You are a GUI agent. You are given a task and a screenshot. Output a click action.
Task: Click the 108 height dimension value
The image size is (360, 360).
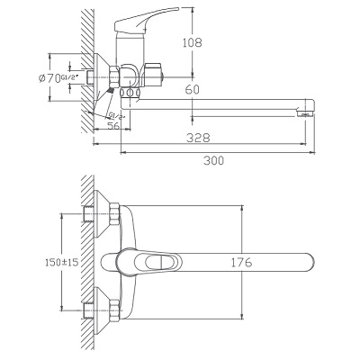click(x=193, y=42)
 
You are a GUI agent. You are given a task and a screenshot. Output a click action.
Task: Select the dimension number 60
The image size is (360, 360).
click(x=192, y=90)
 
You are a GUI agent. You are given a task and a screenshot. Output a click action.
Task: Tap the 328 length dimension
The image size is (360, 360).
click(x=198, y=138)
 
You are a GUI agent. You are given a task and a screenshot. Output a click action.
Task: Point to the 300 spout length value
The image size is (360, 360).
click(x=213, y=160)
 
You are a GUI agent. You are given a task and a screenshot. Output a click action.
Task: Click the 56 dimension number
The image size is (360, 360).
click(x=113, y=125)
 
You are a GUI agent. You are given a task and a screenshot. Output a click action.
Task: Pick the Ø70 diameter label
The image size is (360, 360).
click(x=49, y=78)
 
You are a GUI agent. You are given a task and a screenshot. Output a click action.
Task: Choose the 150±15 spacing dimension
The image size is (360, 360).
click(x=61, y=263)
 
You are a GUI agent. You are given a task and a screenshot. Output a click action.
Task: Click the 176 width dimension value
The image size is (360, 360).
click(x=241, y=263)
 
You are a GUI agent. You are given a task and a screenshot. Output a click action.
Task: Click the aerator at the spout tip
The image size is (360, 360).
click(x=305, y=113)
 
